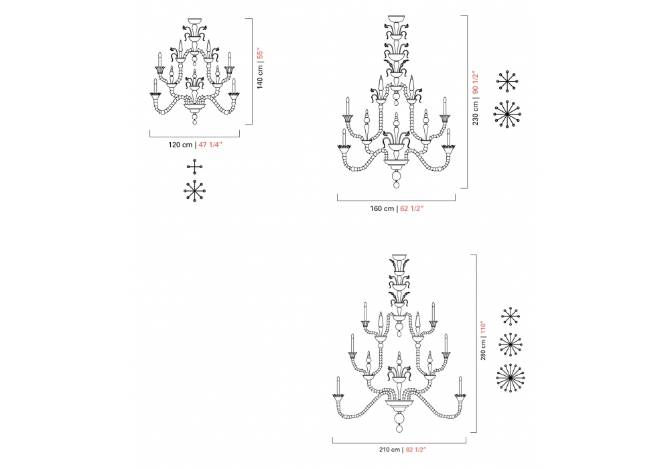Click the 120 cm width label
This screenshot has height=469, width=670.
(x=180, y=145)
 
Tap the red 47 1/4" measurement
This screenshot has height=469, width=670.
(x=210, y=145)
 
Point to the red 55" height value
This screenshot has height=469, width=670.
(x=260, y=55)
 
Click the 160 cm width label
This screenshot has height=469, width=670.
(x=382, y=209)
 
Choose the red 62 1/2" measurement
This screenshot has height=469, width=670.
(x=412, y=209)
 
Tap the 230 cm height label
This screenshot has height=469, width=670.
(x=475, y=113)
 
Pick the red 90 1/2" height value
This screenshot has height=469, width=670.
(x=475, y=83)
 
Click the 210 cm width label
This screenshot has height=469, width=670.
(x=390, y=450)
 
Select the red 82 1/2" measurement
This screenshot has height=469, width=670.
(x=416, y=450)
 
